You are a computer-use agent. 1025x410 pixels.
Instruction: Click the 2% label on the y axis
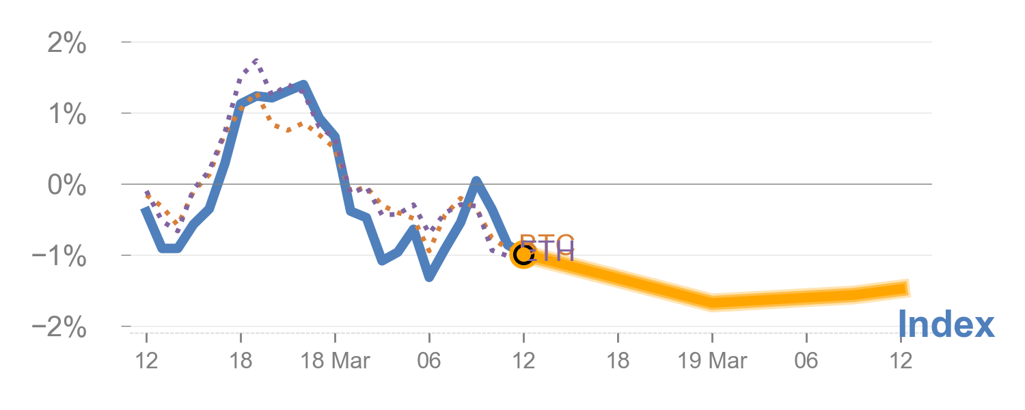(x=66, y=45)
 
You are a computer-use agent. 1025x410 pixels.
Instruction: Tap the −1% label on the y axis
(x=59, y=258)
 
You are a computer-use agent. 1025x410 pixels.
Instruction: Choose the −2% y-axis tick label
(x=59, y=329)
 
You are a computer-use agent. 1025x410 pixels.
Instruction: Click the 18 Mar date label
(x=335, y=361)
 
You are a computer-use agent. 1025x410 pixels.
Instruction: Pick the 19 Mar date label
(x=712, y=361)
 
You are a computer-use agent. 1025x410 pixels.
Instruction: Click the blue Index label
(x=945, y=325)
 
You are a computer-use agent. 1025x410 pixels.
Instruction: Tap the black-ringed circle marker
(x=523, y=255)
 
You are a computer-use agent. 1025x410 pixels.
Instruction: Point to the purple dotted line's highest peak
(x=256, y=61)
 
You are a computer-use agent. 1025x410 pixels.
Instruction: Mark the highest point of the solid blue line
(x=303, y=85)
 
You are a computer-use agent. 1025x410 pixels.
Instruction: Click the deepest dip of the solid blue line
(x=429, y=277)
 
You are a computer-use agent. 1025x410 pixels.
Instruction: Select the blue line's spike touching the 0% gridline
(x=476, y=181)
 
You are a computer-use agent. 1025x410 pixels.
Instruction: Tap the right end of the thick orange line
(x=909, y=288)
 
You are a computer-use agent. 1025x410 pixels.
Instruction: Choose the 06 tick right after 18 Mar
(x=429, y=361)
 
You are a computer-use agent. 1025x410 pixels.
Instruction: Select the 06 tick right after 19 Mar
(x=806, y=361)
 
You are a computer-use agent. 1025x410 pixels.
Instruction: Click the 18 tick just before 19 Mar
(x=618, y=361)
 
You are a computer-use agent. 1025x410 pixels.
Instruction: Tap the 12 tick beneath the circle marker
(x=523, y=361)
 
